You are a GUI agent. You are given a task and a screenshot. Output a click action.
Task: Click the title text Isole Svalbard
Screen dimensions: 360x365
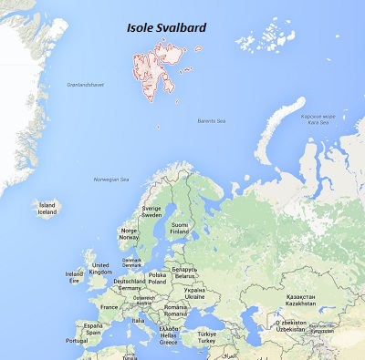pyautogui.click(x=166, y=28)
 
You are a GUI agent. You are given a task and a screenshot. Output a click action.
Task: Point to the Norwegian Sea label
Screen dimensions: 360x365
pyautogui.click(x=113, y=179)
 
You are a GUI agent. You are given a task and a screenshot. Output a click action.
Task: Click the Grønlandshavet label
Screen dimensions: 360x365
pyautogui.click(x=86, y=85)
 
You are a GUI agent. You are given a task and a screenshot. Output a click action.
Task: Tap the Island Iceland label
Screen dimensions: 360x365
pyautogui.click(x=47, y=209)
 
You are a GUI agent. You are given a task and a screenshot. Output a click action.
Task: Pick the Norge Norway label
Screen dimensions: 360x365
pyautogui.click(x=130, y=235)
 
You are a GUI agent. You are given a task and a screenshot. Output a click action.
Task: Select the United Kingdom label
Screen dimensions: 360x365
pyautogui.click(x=100, y=268)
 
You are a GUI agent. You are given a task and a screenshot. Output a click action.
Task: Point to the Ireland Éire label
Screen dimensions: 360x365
pyautogui.click(x=74, y=276)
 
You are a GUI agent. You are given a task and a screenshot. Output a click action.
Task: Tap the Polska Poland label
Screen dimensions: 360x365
pyautogui.click(x=158, y=277)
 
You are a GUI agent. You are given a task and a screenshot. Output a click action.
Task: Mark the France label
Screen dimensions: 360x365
pyautogui.click(x=109, y=307)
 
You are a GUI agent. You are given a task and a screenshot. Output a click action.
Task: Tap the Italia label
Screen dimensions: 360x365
pyautogui.click(x=138, y=320)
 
